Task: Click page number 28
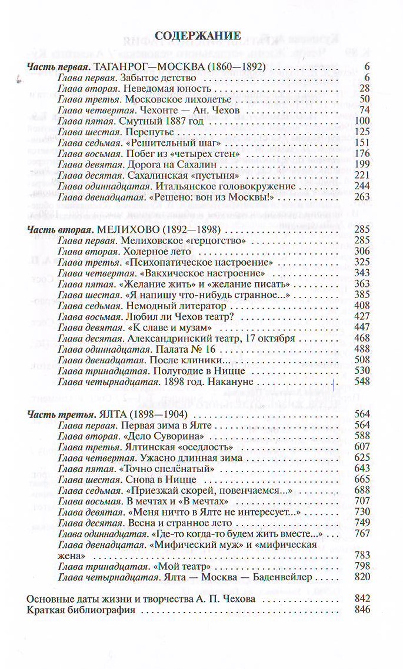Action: tap(364, 88)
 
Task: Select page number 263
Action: tap(361, 196)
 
